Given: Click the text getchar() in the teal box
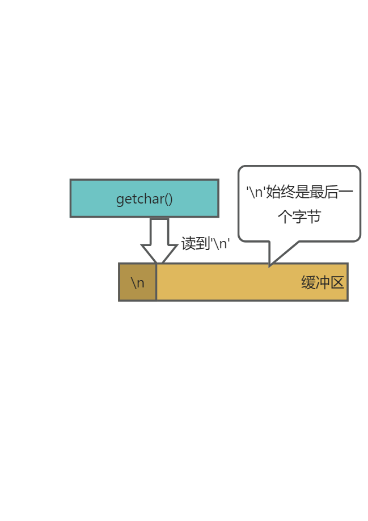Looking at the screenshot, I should [x=144, y=199].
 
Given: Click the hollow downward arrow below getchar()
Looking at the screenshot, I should [x=159, y=241].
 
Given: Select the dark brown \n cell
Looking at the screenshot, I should [x=138, y=282].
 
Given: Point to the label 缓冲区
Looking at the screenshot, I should [x=323, y=282].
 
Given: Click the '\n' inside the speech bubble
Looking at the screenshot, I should [x=256, y=192].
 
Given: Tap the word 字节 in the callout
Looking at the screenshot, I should [x=307, y=216].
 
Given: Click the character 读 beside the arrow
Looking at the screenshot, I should [x=188, y=243].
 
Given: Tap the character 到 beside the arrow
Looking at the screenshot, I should [x=203, y=243].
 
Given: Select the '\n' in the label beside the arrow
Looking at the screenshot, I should [x=220, y=243].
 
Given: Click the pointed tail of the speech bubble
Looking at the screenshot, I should [x=272, y=262].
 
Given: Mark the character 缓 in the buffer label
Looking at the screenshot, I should [x=308, y=282].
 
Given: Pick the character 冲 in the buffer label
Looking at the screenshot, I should [x=323, y=282].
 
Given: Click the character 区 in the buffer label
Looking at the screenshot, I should [x=337, y=282].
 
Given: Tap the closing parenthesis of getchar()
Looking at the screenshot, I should [x=170, y=200].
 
